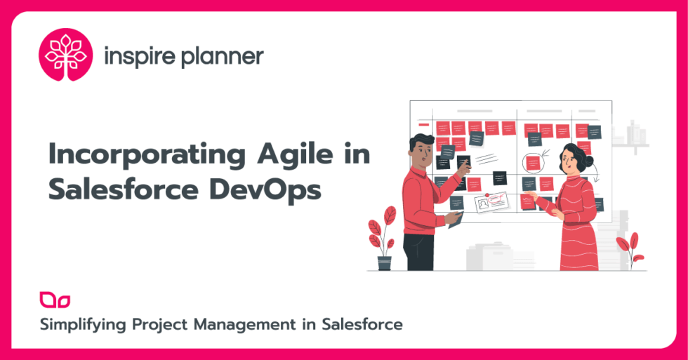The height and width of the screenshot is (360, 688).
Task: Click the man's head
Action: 422,148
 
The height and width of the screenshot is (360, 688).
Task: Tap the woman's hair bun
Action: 588,161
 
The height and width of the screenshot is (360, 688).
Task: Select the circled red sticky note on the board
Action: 534,163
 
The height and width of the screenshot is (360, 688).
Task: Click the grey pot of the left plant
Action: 384,263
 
